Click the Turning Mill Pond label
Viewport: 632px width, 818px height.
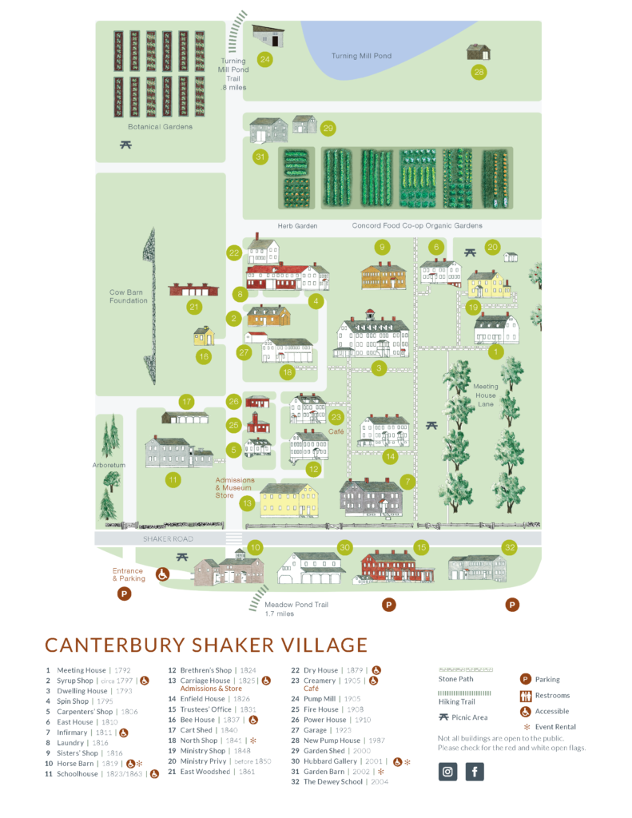(362, 56)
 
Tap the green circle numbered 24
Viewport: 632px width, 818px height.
(264, 59)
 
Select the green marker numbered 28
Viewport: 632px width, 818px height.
(479, 73)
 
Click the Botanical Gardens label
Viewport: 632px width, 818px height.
(160, 126)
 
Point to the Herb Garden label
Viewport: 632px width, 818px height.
(297, 226)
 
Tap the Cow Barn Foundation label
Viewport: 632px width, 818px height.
(129, 296)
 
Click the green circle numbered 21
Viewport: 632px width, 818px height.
(193, 307)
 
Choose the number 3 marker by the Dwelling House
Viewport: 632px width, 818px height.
(380, 368)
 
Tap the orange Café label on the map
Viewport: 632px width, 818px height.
(336, 431)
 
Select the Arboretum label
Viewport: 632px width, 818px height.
(109, 465)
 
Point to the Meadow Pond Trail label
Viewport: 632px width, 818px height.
(296, 609)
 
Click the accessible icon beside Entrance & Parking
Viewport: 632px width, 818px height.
(161, 574)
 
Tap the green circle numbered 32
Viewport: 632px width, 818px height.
(509, 547)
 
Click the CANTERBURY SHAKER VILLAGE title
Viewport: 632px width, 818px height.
(206, 645)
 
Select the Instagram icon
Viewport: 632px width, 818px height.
(448, 772)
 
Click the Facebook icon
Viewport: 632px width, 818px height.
(475, 772)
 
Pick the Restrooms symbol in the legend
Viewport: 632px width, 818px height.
(526, 695)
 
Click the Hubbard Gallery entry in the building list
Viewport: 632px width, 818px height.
(333, 762)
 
